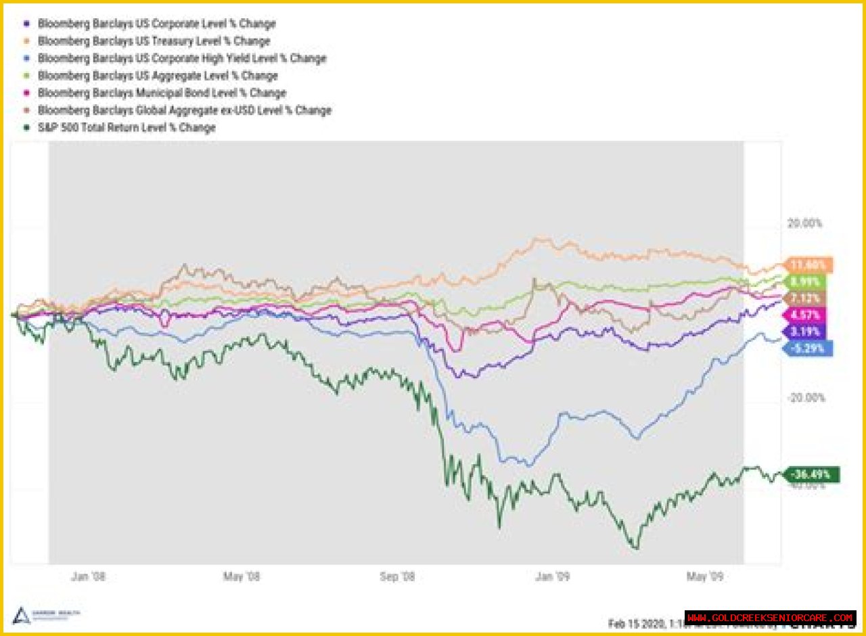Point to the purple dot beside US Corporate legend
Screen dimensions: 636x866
coord(26,24)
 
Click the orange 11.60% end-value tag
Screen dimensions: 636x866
coord(808,265)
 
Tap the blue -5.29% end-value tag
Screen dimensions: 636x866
coord(808,348)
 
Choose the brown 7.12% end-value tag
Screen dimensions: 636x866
coord(808,298)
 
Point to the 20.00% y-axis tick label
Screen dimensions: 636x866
coord(804,223)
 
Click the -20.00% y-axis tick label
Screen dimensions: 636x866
coord(806,398)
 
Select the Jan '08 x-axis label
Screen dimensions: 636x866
coord(89,576)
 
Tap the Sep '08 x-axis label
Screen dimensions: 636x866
coord(398,576)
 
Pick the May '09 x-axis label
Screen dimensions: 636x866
coord(705,576)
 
